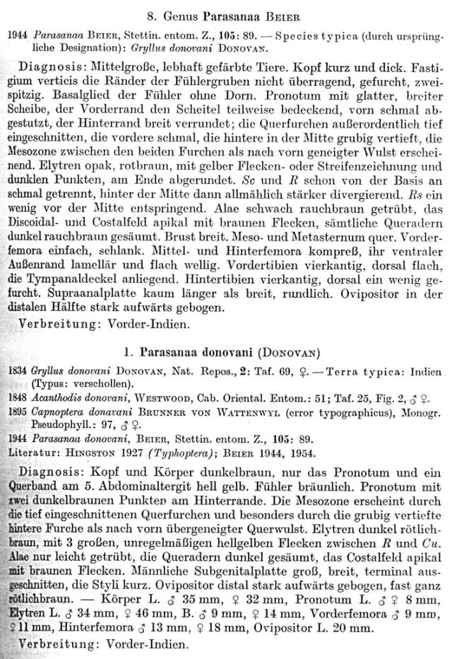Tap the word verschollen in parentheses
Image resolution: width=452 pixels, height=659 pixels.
tap(93, 383)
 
